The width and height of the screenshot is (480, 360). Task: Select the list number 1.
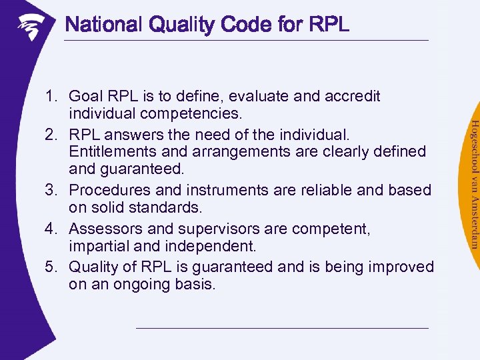click(x=51, y=96)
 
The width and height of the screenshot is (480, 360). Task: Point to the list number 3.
click(x=51, y=190)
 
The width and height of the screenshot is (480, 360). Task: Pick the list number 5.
click(x=51, y=267)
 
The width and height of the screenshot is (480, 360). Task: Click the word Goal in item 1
click(x=84, y=96)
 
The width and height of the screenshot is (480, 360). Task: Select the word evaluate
click(x=261, y=96)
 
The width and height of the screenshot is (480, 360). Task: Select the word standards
click(x=167, y=208)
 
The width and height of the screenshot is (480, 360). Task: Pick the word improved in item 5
click(x=400, y=267)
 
